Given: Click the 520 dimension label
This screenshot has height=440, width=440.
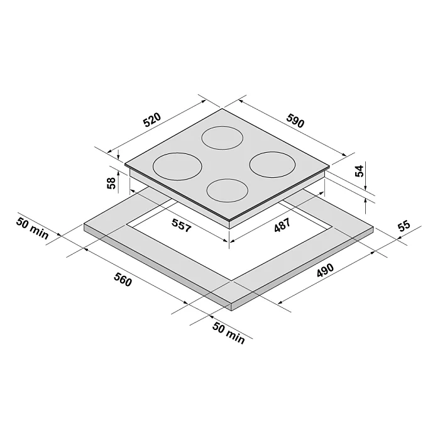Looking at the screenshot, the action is pyautogui.click(x=152, y=120).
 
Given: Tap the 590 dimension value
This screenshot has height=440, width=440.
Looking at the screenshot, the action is pyautogui.click(x=295, y=120).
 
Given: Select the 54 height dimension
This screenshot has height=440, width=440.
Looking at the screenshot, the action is pyautogui.click(x=359, y=171).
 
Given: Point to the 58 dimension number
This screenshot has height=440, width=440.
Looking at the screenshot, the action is pyautogui.click(x=111, y=183).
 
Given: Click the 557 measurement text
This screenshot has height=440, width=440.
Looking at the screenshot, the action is pyautogui.click(x=182, y=225).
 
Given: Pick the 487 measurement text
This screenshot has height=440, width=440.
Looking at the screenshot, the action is pyautogui.click(x=282, y=225).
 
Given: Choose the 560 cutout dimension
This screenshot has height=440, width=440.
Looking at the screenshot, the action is pyautogui.click(x=123, y=280).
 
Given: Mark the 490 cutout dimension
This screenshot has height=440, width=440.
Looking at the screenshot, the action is pyautogui.click(x=325, y=270).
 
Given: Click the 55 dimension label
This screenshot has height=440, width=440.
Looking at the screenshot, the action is pyautogui.click(x=404, y=226).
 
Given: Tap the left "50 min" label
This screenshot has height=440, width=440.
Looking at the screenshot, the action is pyautogui.click(x=32, y=228).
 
